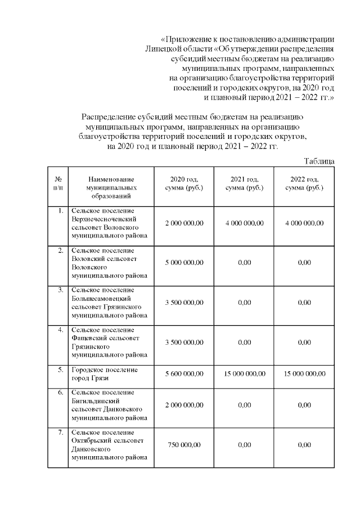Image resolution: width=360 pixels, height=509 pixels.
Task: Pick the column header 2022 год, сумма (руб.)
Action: (304, 183)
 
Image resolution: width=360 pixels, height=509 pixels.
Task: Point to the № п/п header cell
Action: (57, 183)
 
